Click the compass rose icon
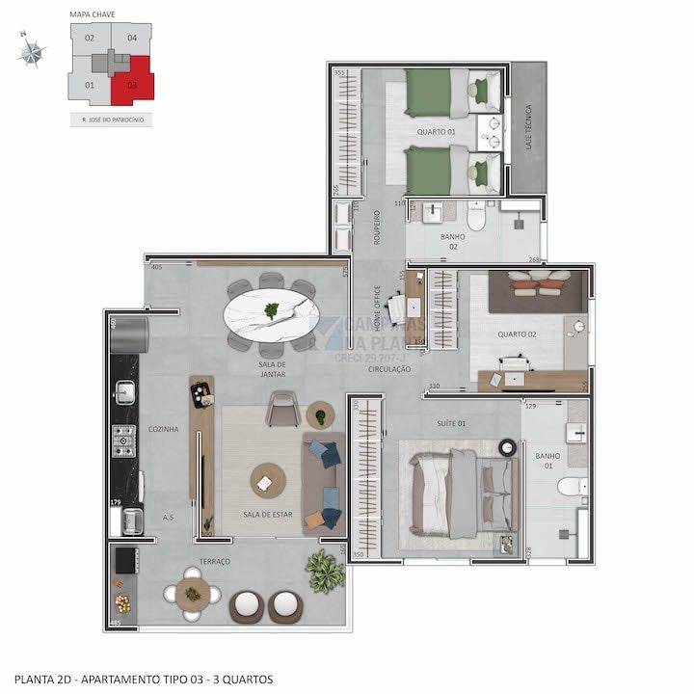31,52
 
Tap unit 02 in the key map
89,39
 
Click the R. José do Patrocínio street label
113,120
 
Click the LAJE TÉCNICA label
526,125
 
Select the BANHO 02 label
453,241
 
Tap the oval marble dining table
272,312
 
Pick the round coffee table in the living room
267,479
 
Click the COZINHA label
163,429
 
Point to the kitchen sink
124,390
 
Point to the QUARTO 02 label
517,334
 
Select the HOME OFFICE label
378,307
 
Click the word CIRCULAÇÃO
389,369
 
